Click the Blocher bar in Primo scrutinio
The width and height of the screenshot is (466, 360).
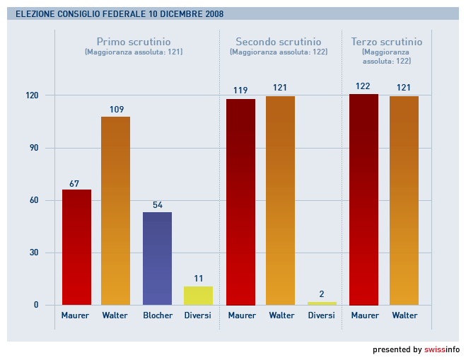(x=157, y=258)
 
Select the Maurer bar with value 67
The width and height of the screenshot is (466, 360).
(x=76, y=247)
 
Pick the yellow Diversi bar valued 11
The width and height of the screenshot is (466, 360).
(x=198, y=296)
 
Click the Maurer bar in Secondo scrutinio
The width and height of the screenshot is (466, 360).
(x=240, y=202)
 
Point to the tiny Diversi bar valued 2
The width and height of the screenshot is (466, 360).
(x=322, y=303)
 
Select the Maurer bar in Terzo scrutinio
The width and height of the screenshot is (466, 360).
(x=363, y=199)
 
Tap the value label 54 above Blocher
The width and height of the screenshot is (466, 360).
(x=158, y=205)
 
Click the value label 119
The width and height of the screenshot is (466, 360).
(x=240, y=91)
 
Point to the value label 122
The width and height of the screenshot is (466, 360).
(x=363, y=86)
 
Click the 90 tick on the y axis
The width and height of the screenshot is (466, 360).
(x=33, y=148)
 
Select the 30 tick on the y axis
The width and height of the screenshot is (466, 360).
(x=33, y=252)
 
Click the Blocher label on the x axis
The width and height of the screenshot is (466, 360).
(x=158, y=315)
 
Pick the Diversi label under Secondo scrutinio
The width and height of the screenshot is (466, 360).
(x=322, y=315)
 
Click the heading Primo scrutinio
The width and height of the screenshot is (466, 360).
(x=134, y=42)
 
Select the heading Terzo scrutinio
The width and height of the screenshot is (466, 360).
(x=387, y=42)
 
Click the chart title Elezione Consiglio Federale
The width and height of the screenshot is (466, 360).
(x=120, y=13)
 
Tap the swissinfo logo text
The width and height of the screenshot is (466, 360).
(x=442, y=349)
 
